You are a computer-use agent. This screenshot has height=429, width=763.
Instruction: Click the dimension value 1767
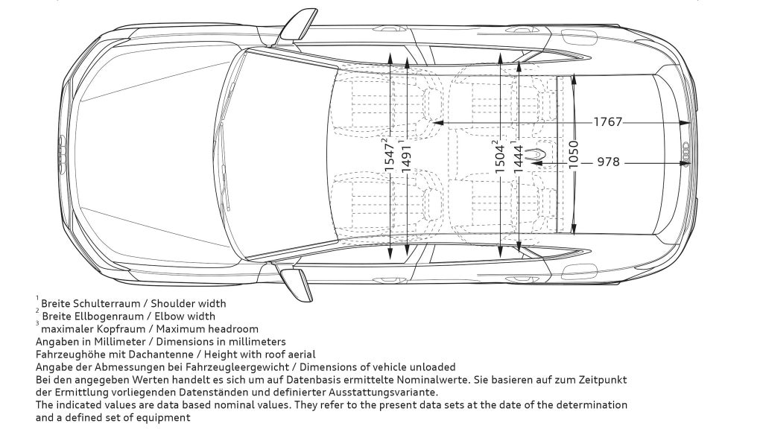click(607, 122)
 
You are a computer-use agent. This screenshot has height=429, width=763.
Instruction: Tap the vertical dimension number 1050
click(573, 155)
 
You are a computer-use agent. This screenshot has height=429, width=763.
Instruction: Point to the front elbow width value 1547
click(389, 156)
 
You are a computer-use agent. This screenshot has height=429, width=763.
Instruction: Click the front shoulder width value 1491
click(406, 156)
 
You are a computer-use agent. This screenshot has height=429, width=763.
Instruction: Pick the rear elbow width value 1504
click(500, 156)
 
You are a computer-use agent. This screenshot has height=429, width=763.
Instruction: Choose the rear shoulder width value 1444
click(517, 156)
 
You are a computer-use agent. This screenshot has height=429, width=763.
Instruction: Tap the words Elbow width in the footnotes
click(183, 316)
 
